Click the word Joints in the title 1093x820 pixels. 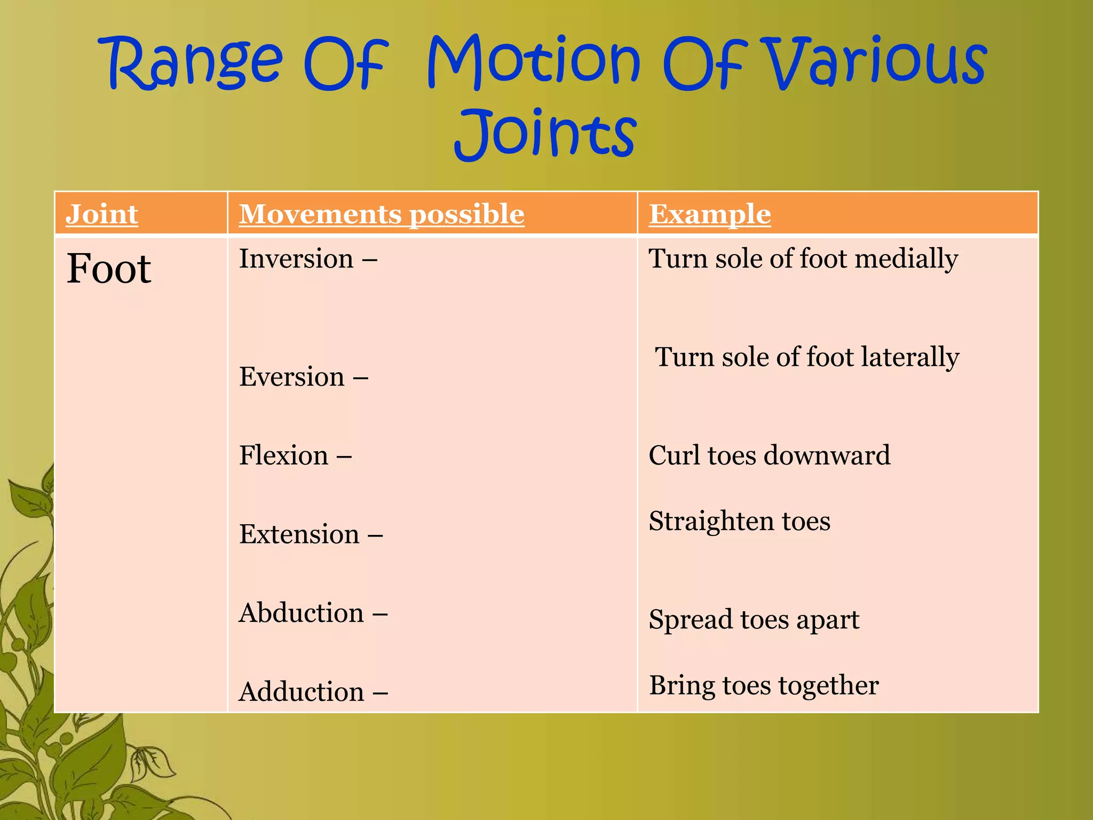(545, 133)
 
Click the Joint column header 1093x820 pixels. (102, 214)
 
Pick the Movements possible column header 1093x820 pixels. (381, 214)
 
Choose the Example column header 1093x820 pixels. (710, 214)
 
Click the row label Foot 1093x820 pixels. (109, 269)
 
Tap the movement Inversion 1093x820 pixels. (296, 259)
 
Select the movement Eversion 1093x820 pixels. (292, 377)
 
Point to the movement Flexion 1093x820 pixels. (283, 455)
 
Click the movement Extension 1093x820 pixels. (299, 534)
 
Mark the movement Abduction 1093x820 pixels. (302, 613)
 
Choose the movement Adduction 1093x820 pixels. (302, 692)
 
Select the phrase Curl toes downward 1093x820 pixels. (769, 455)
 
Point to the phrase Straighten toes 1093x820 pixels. (739, 521)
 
